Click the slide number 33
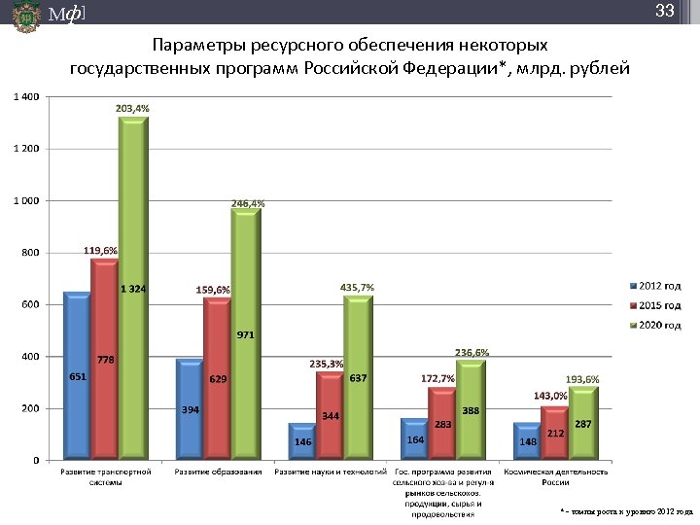665,12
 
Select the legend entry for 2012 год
658,286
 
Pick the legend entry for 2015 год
658,305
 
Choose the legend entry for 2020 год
658,325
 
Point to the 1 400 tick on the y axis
26,97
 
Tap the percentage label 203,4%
132,109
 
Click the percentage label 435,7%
357,288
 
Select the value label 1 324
133,289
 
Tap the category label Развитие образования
218,472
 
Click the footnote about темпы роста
626,510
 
